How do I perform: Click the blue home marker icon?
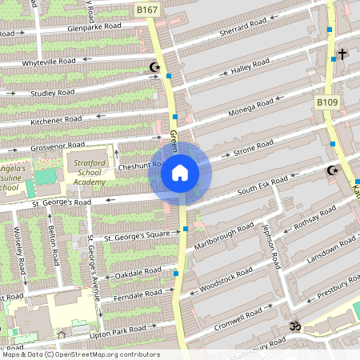coord(180,172)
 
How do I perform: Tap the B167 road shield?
coord(146,10)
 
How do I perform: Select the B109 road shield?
coord(326,103)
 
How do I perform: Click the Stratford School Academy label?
coord(90,172)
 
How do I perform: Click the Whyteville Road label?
coord(48,61)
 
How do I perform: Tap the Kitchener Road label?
coord(56,119)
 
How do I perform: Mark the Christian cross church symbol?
coord(342,54)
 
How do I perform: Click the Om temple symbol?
coord(294,326)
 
